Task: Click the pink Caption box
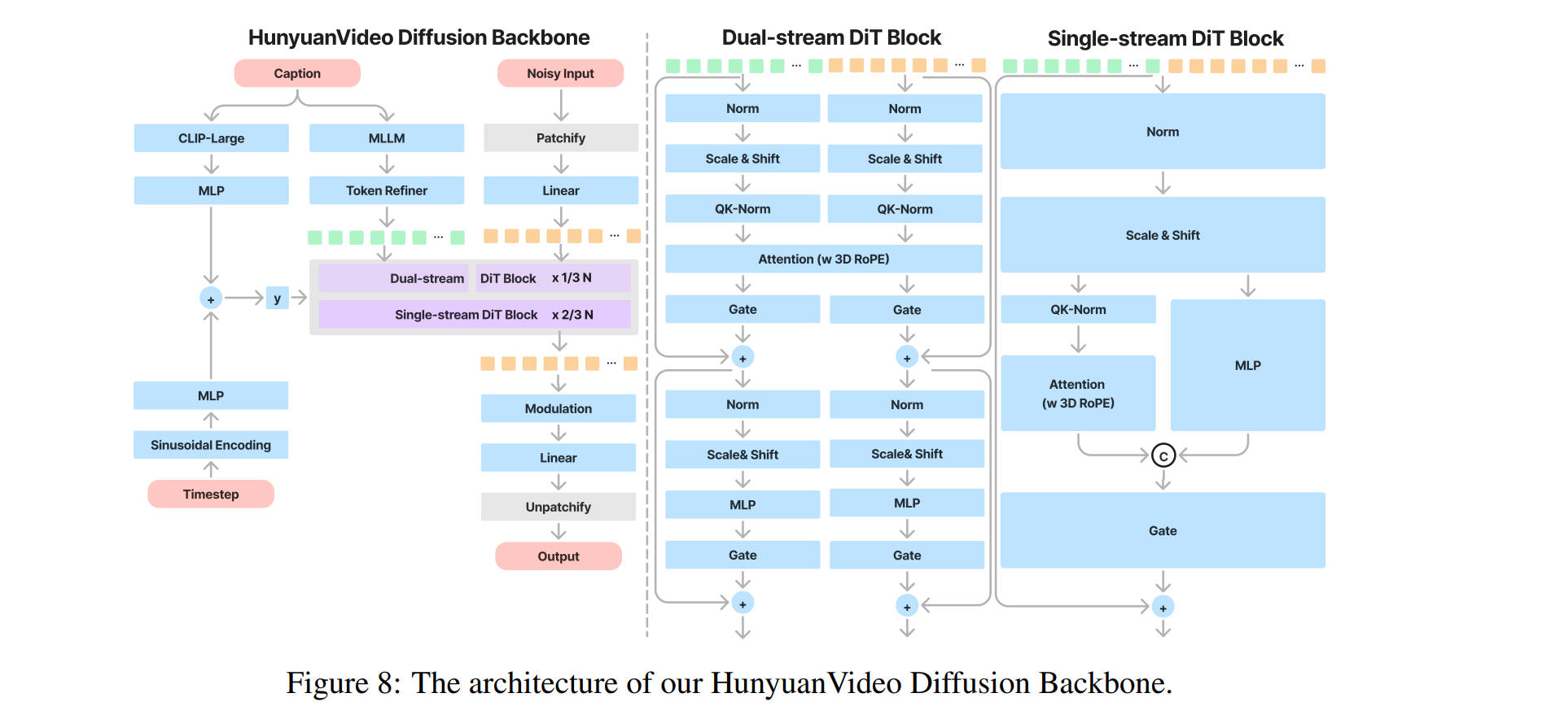point(297,73)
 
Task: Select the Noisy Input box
point(560,73)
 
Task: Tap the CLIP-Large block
point(211,138)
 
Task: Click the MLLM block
point(386,138)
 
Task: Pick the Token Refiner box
point(386,190)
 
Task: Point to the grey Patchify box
point(560,138)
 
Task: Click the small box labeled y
point(277,299)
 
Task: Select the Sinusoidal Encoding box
point(210,445)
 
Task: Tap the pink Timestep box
point(210,494)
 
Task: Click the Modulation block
point(558,408)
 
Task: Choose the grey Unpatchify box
point(558,507)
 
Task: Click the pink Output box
point(558,556)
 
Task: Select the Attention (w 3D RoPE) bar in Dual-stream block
point(823,259)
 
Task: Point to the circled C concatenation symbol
point(1163,456)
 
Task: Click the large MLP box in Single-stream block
point(1247,365)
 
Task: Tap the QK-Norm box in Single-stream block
point(1078,309)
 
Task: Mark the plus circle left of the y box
point(211,299)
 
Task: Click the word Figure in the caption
point(326,683)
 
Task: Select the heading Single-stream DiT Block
point(1165,38)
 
